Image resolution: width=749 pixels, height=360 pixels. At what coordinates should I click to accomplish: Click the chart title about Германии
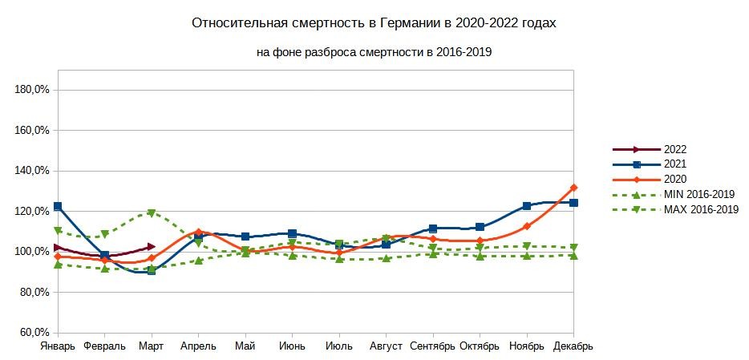pos(374,23)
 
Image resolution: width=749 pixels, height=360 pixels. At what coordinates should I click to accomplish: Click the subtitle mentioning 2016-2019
pos(374,53)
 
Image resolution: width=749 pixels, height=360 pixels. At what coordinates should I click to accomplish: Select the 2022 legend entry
pos(675,149)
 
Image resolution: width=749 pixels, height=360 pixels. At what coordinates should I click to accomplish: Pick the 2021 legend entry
pos(675,164)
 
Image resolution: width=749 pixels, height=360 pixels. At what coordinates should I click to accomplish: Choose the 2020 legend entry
pos(675,179)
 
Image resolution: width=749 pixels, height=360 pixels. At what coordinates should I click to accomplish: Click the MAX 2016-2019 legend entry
pos(701,209)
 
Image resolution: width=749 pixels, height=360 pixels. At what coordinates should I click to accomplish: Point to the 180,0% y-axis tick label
pos(33,89)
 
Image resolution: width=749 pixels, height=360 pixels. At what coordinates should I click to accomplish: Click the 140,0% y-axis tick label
pos(33,171)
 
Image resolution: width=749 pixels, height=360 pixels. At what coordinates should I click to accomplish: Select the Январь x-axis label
pos(58,346)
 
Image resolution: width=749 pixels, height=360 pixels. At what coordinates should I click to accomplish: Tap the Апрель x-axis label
pos(197,346)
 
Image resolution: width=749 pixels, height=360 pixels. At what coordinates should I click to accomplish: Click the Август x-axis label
pos(386,346)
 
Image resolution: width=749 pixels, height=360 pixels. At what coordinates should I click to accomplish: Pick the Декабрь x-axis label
pos(573,346)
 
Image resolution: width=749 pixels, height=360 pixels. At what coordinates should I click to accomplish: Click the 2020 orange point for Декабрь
pos(573,188)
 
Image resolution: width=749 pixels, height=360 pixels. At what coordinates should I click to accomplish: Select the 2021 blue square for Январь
pos(58,207)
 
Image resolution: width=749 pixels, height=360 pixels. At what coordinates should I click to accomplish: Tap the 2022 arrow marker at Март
pos(152,247)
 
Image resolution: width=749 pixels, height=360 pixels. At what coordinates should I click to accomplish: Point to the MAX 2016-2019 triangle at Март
pos(152,213)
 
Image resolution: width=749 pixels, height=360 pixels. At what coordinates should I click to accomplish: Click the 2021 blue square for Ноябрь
pos(527,206)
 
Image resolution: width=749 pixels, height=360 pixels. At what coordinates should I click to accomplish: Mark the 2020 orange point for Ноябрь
pos(527,226)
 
